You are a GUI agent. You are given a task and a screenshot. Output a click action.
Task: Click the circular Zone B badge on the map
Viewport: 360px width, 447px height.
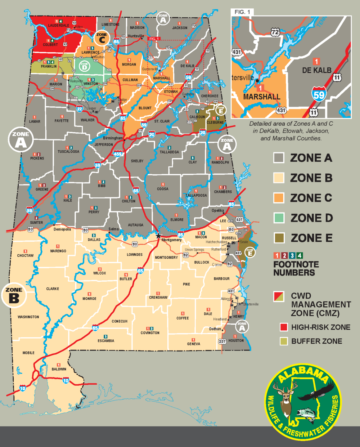(x=14, y=295)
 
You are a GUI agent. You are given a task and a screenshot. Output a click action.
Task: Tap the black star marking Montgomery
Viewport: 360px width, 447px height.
(x=159, y=236)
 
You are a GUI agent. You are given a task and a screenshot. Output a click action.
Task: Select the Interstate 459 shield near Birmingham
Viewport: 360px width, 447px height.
(x=118, y=154)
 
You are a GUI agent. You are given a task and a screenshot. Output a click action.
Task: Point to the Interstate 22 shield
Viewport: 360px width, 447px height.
(x=80, y=109)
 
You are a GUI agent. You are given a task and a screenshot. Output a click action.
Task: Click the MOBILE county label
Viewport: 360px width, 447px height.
(x=29, y=353)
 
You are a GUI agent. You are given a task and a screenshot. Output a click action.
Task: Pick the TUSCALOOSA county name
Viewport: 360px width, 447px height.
(x=68, y=152)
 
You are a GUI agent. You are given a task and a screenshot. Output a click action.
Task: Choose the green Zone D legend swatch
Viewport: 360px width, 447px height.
(x=279, y=218)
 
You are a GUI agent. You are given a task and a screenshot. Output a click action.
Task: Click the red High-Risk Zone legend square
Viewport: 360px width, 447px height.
(x=284, y=327)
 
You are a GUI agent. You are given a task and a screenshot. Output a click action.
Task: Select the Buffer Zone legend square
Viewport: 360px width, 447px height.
(x=284, y=341)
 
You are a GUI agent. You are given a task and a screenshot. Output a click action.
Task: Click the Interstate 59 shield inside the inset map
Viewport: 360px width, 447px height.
(x=319, y=94)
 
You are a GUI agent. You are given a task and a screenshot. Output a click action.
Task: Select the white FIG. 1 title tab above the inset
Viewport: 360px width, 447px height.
(x=242, y=12)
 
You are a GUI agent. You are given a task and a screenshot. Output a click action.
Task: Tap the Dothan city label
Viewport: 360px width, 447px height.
(x=215, y=329)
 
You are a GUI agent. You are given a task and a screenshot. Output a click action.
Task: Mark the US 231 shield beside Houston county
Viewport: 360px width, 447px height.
(x=222, y=342)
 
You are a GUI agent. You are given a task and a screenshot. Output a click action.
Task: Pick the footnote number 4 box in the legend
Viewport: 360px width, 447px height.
(x=299, y=255)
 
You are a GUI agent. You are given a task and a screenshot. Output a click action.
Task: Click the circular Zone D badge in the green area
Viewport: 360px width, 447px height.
(x=84, y=66)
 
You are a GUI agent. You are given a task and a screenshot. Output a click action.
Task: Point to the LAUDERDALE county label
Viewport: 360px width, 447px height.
(x=58, y=25)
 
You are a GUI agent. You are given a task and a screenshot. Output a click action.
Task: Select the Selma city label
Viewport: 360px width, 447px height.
(x=114, y=229)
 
